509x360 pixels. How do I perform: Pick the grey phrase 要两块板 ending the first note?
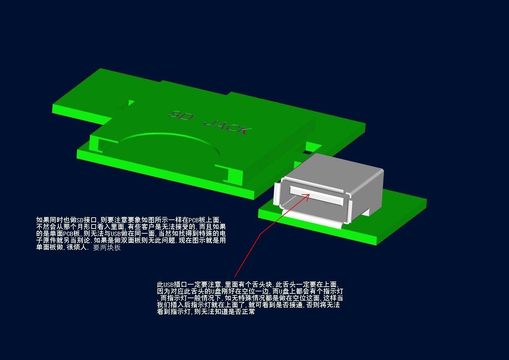[107, 248]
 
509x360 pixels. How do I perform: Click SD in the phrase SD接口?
[80, 220]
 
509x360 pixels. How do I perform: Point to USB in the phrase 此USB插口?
[169, 285]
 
